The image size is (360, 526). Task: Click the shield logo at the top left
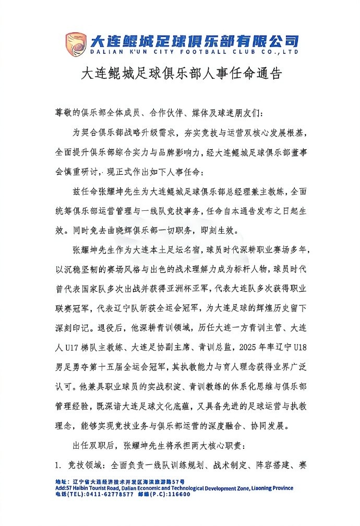76,44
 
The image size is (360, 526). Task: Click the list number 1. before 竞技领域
59,464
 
